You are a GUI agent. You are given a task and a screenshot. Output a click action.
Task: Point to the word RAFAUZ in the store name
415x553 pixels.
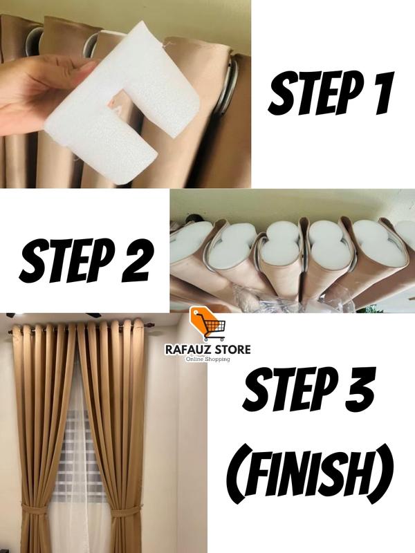[187, 350]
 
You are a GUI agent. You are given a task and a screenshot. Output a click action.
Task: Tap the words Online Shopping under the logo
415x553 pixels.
[208, 359]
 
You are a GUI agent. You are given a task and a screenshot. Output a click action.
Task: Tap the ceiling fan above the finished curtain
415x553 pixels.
[53, 315]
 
